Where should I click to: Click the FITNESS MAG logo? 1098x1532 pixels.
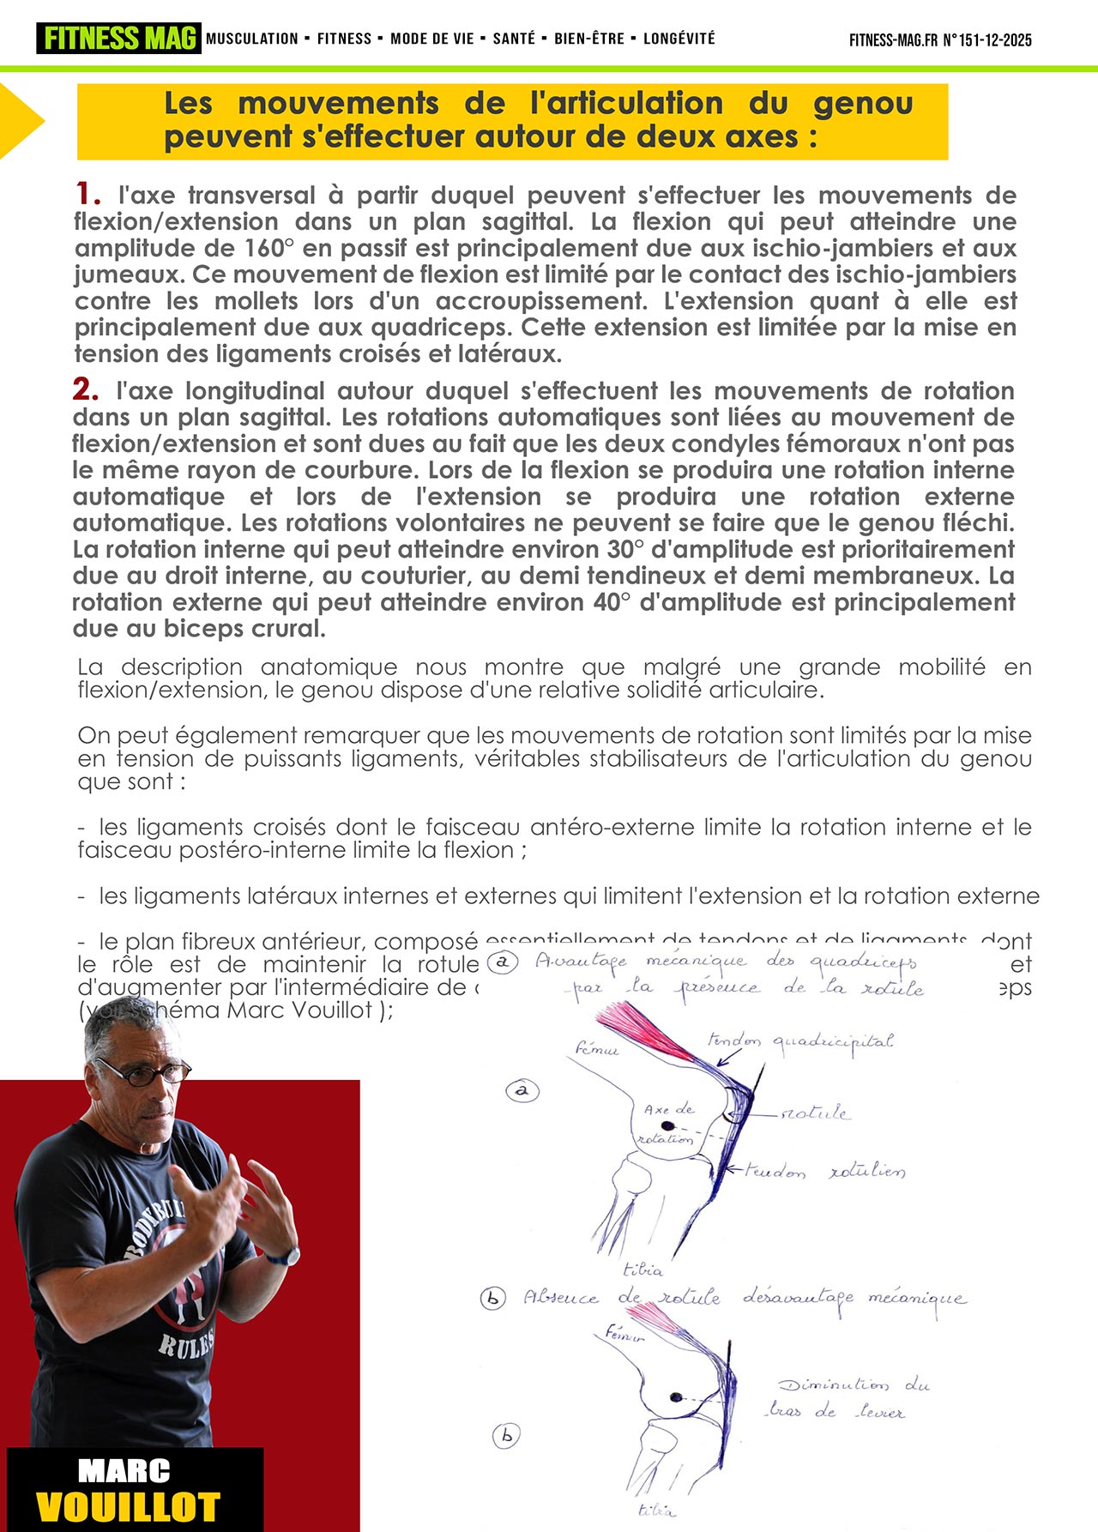pyautogui.click(x=118, y=39)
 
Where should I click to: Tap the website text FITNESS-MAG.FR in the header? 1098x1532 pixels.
pyautogui.click(x=893, y=40)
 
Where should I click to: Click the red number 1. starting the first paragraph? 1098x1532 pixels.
pyautogui.click(x=87, y=193)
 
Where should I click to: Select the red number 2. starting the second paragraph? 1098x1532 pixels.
pyautogui.click(x=85, y=389)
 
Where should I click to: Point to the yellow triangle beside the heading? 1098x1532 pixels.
pyautogui.click(x=19, y=121)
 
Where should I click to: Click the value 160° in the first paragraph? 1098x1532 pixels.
pyautogui.click(x=267, y=249)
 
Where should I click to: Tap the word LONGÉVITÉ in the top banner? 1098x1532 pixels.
pyautogui.click(x=679, y=39)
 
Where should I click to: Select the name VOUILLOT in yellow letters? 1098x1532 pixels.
pyautogui.click(x=128, y=1507)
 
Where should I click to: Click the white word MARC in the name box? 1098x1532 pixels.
pyautogui.click(x=124, y=1471)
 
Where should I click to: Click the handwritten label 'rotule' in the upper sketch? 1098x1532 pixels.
pyautogui.click(x=814, y=1113)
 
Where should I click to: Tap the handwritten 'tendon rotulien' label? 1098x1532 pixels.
pyautogui.click(x=824, y=1171)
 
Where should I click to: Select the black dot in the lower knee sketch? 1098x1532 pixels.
pyautogui.click(x=675, y=1397)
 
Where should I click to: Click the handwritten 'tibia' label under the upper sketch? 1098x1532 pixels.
pyautogui.click(x=643, y=1270)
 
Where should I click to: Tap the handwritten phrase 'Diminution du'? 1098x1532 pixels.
pyautogui.click(x=854, y=1384)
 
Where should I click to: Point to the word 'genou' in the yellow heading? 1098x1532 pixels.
pyautogui.click(x=862, y=104)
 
